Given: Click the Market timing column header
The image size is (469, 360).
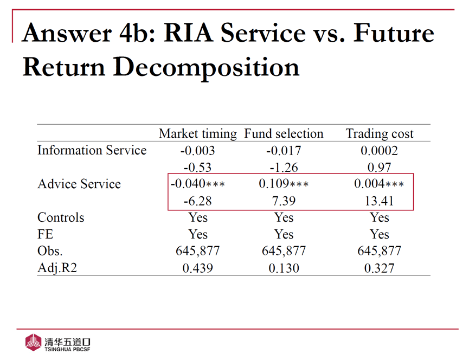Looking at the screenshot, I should pos(197,134).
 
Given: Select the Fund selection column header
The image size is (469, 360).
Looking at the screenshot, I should pos(284,134).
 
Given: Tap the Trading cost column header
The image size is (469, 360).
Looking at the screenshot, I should pos(380,134).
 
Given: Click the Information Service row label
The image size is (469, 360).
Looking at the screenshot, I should pos(92,151).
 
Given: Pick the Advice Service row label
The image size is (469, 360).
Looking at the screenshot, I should pos(79,184).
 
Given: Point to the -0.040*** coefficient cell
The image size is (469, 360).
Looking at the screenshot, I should pos(197,184).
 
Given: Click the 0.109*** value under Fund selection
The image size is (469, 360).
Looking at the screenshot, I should pos(284,184).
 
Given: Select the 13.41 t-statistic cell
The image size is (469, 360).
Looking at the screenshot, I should pos(380,201).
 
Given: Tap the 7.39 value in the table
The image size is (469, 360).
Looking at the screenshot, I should pos(284,201).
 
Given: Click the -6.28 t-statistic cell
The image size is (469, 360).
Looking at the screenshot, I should pos(197,201).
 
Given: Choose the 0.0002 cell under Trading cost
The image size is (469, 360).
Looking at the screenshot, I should pos(380,151).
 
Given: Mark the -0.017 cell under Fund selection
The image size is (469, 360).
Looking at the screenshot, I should pos(284,151).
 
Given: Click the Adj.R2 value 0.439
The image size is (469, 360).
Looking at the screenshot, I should pos(197,268).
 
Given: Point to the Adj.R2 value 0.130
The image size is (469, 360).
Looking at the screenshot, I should pos(284,268).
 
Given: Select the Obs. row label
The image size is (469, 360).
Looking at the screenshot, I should pos(50,251).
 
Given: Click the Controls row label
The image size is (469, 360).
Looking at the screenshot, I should pos(61,218).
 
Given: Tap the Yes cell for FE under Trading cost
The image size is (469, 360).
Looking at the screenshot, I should pos(380,234).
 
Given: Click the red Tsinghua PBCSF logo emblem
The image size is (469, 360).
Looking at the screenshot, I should pos(33,343).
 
